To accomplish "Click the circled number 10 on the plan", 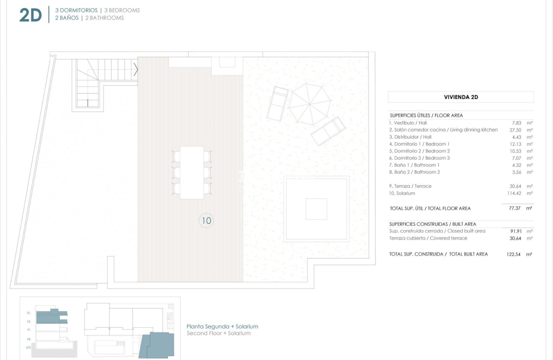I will point(207,220).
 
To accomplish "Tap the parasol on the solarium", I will point(310,104).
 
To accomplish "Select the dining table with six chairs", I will point(192,172).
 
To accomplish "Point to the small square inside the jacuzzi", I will point(316,209).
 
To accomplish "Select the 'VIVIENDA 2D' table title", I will point(461,97).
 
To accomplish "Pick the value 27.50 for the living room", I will point(515,130).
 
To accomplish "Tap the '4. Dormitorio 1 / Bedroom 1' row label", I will point(419,144).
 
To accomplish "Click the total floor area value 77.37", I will point(514,208).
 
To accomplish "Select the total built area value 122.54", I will point(514,254).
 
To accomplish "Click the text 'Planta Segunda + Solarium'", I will point(222,326).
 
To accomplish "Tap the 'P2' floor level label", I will point(29,321).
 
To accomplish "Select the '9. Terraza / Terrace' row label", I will point(410,186).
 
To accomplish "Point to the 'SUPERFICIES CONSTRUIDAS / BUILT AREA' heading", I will point(433,224).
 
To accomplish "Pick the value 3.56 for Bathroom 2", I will point(516,172).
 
